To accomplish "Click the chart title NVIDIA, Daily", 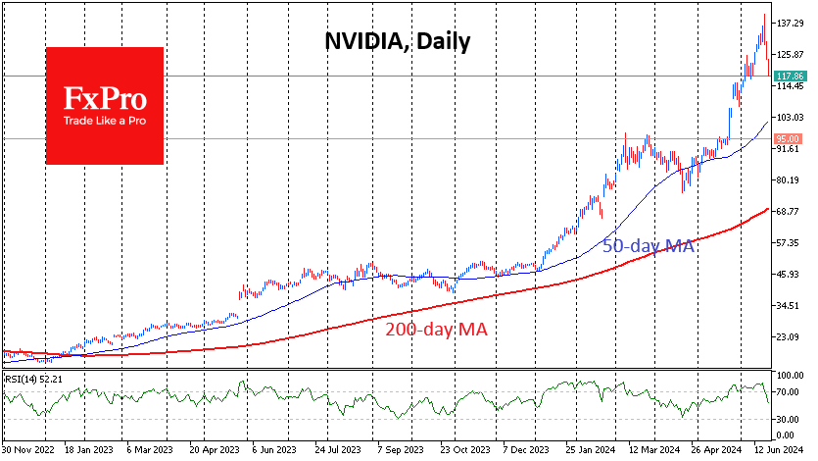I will click(398, 41).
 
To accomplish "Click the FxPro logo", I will click(107, 105).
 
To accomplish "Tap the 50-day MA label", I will click(648, 246).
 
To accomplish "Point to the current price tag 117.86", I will click(789, 76).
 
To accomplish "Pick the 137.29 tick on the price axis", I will click(789, 23).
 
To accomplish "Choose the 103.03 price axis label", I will click(789, 118).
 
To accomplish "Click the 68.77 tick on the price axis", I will click(789, 212).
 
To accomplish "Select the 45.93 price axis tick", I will click(789, 275).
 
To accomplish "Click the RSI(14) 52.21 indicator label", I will click(33, 379).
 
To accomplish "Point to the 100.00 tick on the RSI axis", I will click(789, 376).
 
